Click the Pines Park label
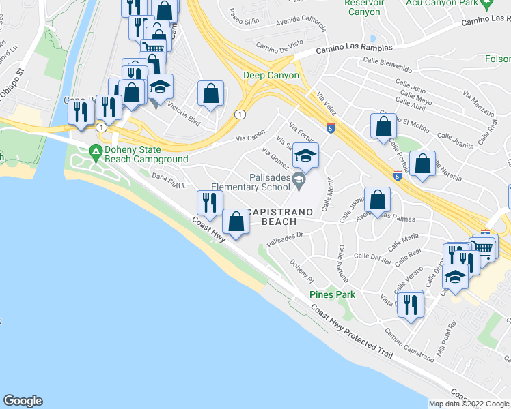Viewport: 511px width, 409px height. [332, 294]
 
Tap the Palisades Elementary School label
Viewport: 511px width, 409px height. [252, 182]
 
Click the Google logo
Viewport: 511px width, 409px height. [23, 401]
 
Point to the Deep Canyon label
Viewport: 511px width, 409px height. [271, 76]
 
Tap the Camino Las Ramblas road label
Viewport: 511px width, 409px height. [354, 49]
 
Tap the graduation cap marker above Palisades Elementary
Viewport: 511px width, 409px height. [306, 156]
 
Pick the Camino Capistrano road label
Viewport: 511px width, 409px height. [409, 344]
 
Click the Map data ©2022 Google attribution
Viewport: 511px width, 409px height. [469, 404]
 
